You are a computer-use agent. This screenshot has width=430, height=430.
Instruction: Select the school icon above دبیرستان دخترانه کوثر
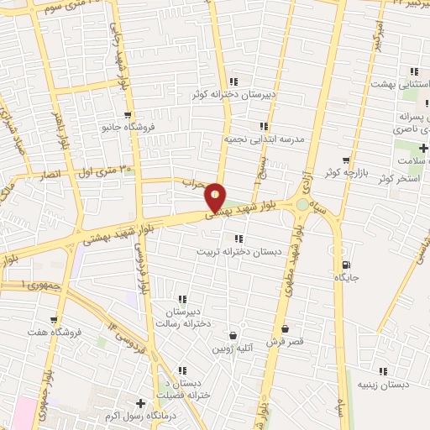[x=233, y=81]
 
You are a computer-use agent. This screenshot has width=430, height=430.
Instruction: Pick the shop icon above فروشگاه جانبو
[x=127, y=115]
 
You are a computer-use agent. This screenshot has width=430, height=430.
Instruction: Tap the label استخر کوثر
[x=401, y=179]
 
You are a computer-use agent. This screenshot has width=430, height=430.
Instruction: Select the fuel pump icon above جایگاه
[x=343, y=263]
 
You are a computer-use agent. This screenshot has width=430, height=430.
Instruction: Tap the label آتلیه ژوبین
[x=232, y=348]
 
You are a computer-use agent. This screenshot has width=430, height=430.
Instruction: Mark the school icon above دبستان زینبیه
[x=383, y=371]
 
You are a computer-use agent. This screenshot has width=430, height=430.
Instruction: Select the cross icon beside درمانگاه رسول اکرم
[x=141, y=404]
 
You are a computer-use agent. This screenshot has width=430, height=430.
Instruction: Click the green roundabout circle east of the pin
[x=302, y=204]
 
